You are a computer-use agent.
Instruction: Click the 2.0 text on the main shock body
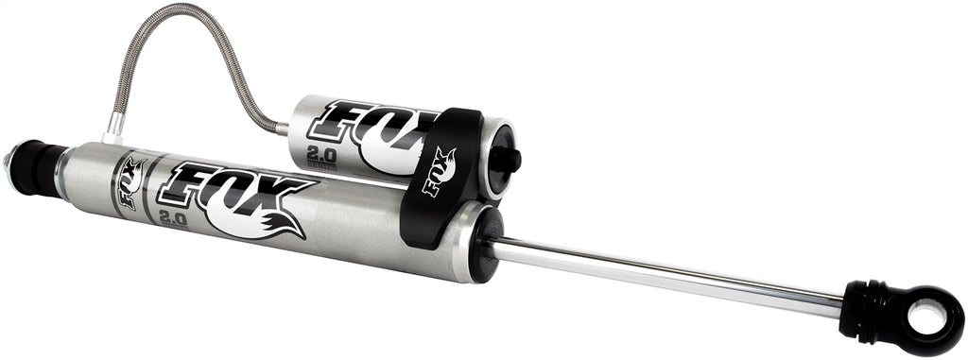[174, 218]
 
